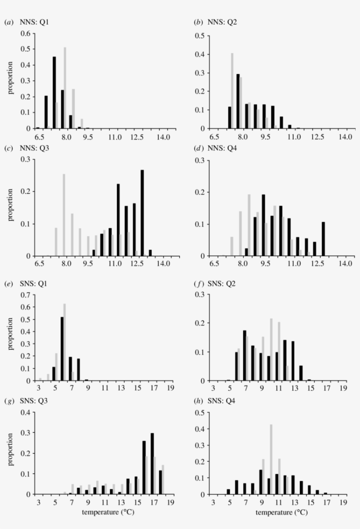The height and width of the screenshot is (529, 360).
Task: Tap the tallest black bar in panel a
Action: (54, 93)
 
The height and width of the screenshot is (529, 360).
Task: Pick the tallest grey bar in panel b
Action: (232, 91)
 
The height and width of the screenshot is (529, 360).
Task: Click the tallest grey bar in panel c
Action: (64, 215)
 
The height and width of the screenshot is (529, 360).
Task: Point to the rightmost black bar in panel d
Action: (324, 239)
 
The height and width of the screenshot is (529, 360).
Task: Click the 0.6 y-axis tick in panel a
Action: (25, 34)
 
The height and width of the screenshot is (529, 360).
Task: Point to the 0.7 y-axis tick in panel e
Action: (25, 294)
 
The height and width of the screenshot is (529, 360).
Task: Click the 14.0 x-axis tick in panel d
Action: (345, 264)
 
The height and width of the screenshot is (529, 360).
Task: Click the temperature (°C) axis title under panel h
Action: (281, 512)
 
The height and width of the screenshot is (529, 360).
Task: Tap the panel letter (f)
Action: (198, 283)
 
